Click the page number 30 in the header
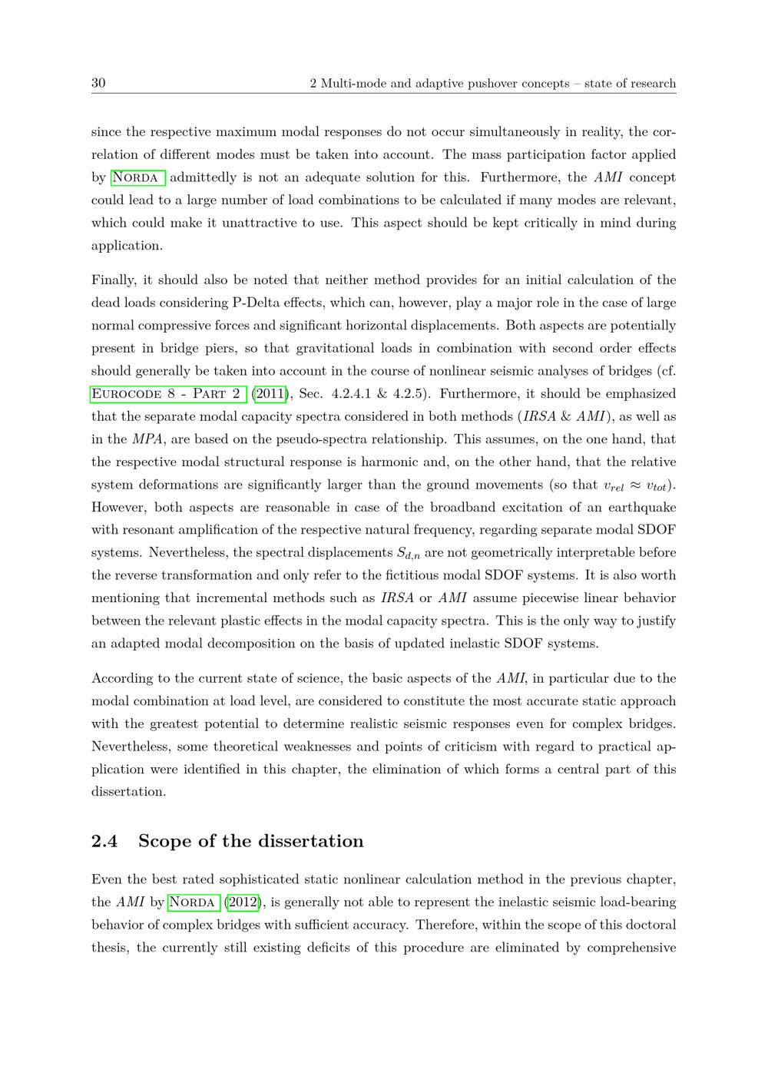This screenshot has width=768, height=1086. click(98, 83)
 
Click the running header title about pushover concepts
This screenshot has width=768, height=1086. click(492, 83)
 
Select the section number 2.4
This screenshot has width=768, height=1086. click(104, 841)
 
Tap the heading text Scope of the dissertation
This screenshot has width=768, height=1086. click(250, 841)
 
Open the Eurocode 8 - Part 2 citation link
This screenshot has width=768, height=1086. click(168, 394)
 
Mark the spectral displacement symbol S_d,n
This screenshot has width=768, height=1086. click(408, 554)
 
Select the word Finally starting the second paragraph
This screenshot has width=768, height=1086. click(113, 280)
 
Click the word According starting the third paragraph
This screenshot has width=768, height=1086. click(122, 678)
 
